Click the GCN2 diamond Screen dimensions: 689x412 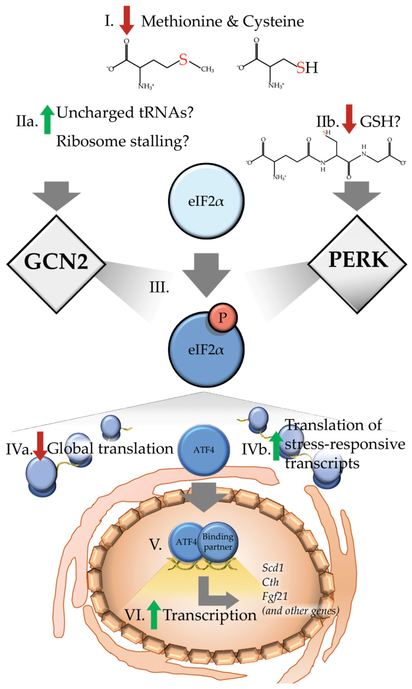[56, 264]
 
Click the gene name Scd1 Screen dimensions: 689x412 [273, 568]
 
